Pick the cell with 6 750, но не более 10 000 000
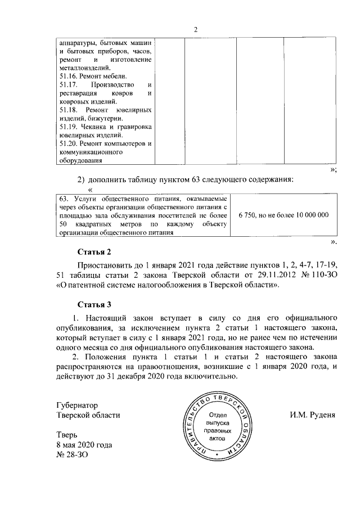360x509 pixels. (283, 215)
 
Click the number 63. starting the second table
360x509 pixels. (63, 199)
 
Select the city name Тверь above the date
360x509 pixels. (67, 435)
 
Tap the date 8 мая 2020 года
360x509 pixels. (84, 445)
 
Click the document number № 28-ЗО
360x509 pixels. (73, 455)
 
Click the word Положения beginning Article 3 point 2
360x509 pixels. (109, 357)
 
